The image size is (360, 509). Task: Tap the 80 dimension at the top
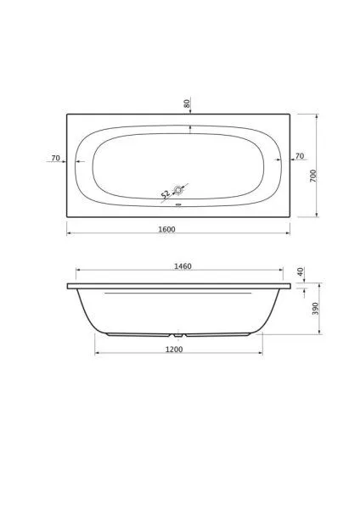[187, 103]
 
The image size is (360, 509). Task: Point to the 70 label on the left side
[55, 158]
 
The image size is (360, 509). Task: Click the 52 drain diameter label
[166, 195]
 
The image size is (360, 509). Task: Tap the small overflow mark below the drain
[178, 204]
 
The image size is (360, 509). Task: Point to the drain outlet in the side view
[178, 333]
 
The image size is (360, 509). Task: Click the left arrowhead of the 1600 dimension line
[69, 233]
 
